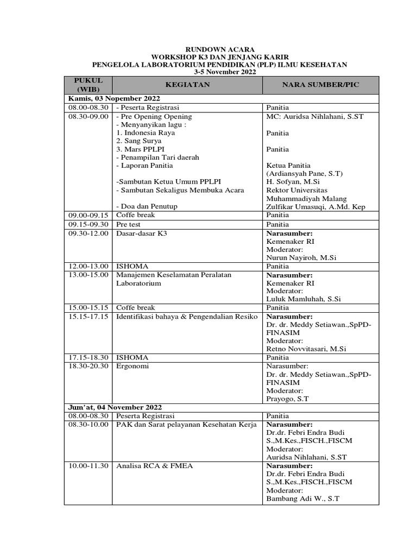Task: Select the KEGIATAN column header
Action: point(187,85)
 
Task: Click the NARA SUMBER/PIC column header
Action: point(320,85)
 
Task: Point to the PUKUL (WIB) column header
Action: point(88,85)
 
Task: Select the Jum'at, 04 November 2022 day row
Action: point(115,407)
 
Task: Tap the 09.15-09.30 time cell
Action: point(88,224)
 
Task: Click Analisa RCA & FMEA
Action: point(155,466)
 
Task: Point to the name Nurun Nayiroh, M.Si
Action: point(301,258)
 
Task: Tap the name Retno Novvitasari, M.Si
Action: point(306,349)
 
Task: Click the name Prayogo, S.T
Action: point(288,399)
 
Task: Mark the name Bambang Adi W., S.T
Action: point(302,499)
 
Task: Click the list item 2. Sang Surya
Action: point(139,141)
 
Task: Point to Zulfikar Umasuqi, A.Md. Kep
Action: point(317,207)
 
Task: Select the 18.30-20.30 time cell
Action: point(88,366)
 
